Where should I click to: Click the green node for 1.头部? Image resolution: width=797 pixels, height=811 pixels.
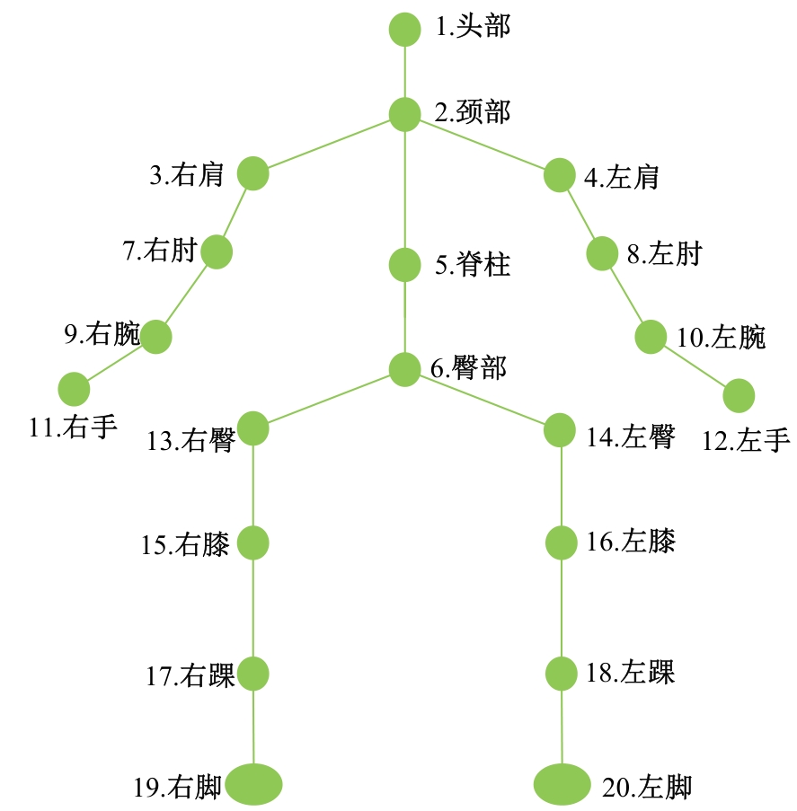click(404, 29)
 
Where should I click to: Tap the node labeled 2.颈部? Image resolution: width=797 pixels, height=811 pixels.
click(404, 113)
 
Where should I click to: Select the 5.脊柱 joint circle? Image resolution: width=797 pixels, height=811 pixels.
click(404, 265)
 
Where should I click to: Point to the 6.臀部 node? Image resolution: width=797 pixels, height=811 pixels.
click(404, 369)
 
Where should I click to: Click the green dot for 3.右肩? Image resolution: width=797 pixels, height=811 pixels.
click(253, 173)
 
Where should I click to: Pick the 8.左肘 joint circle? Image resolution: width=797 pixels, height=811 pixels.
click(602, 254)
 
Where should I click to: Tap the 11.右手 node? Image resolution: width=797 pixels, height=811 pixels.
click(74, 390)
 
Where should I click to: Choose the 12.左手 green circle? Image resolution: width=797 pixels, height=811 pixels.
click(739, 395)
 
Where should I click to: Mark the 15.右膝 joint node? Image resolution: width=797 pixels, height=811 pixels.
click(253, 543)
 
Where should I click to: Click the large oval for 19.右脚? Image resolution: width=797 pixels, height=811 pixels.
click(254, 784)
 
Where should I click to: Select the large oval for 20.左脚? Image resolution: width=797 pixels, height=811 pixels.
click(562, 784)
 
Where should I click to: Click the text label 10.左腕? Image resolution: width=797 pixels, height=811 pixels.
click(721, 338)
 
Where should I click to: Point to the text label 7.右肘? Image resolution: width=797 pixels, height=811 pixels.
click(160, 251)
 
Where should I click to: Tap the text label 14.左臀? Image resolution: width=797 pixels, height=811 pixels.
click(630, 436)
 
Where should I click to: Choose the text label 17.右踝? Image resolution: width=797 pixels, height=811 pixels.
click(190, 675)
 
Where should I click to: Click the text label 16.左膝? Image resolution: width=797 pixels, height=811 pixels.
click(630, 542)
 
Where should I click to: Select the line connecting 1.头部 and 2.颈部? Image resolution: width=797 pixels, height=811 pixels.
click(404, 72)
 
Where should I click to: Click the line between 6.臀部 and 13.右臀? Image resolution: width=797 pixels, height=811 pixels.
click(329, 399)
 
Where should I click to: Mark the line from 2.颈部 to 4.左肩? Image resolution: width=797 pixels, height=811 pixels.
click(482, 144)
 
